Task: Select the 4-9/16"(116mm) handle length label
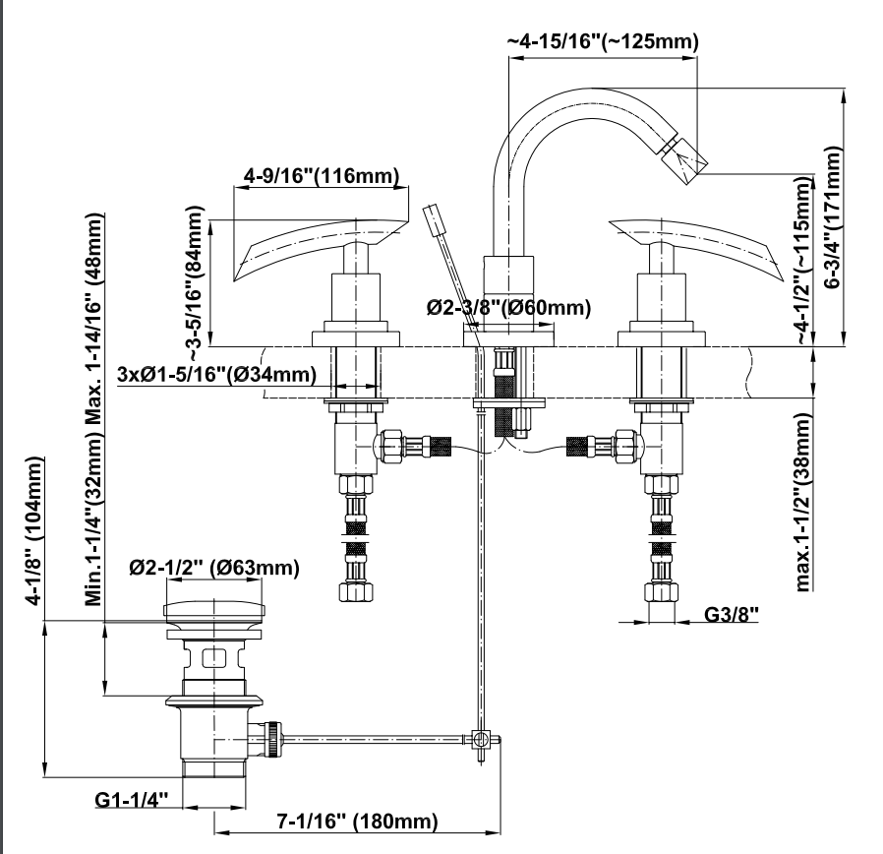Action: [321, 177]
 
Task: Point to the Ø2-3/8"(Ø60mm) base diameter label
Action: [508, 308]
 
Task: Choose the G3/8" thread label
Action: [732, 617]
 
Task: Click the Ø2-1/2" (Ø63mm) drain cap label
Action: [214, 569]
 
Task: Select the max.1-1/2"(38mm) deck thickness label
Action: [804, 502]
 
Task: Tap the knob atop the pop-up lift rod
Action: [433, 217]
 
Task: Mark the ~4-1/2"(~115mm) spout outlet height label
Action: [805, 261]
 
